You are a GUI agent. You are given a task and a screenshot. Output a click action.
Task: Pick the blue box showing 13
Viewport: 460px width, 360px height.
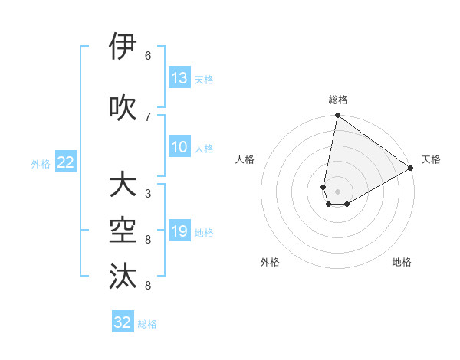click(x=179, y=78)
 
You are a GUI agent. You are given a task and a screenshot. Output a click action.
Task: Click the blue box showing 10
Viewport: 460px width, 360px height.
click(x=179, y=147)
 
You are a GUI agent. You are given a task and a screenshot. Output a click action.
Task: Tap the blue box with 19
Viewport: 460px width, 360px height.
click(x=179, y=231)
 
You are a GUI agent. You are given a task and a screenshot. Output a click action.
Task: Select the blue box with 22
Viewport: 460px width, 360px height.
click(x=67, y=162)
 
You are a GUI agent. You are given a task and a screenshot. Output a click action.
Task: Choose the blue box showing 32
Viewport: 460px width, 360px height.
click(x=123, y=322)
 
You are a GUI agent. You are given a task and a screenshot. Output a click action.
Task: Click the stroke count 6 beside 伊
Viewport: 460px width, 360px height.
click(x=148, y=55)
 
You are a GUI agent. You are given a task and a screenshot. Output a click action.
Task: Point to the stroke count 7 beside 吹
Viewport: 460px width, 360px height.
click(x=148, y=116)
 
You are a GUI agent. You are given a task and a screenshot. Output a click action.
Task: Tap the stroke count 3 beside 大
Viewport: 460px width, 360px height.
click(x=148, y=193)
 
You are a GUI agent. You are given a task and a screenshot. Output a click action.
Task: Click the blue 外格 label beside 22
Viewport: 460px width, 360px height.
click(x=41, y=163)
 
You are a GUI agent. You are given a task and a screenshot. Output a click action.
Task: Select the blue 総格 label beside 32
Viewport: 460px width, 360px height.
click(x=147, y=324)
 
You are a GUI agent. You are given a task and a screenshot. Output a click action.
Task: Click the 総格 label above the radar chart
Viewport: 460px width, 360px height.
click(x=338, y=100)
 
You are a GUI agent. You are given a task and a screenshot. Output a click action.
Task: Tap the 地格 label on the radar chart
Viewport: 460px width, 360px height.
click(x=402, y=262)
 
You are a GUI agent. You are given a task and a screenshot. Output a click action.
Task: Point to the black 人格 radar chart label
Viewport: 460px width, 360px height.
click(x=245, y=159)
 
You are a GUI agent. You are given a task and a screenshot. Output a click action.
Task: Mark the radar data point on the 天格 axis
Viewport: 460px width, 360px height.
click(x=411, y=169)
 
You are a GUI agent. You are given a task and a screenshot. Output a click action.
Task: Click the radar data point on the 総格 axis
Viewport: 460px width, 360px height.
click(x=337, y=116)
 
